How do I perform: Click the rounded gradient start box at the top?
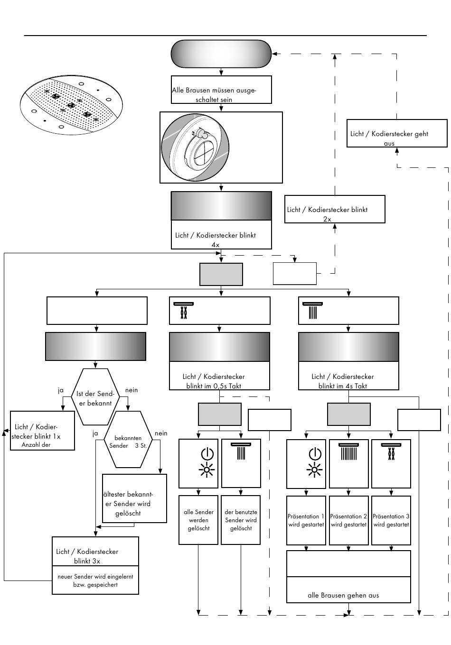[x=221, y=54]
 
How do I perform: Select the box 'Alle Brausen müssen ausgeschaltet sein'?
[x=221, y=90]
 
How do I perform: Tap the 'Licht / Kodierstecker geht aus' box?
[x=396, y=133]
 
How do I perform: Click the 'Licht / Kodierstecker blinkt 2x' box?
[x=334, y=209]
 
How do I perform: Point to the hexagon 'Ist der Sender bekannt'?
[x=95, y=396]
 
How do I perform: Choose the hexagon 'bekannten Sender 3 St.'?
[x=128, y=439]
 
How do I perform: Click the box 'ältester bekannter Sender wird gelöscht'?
[x=134, y=498]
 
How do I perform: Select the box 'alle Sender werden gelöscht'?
[x=198, y=520]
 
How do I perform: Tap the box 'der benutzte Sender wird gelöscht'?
[x=241, y=520]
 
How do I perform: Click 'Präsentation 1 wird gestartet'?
[x=306, y=520]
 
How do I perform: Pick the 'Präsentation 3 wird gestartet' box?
[x=391, y=520]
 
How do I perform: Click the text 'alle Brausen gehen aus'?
[x=343, y=595]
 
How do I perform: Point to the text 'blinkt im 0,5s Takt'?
[x=214, y=386]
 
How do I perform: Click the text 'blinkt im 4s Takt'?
[x=342, y=386]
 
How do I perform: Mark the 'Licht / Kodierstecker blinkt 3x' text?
[x=87, y=556]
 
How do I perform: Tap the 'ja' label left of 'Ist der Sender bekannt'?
[x=60, y=390]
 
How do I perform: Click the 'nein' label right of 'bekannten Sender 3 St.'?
[x=161, y=433]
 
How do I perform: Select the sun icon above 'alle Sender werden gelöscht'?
[x=207, y=470]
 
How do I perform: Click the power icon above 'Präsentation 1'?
[x=315, y=454]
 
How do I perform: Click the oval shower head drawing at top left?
[x=71, y=105]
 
